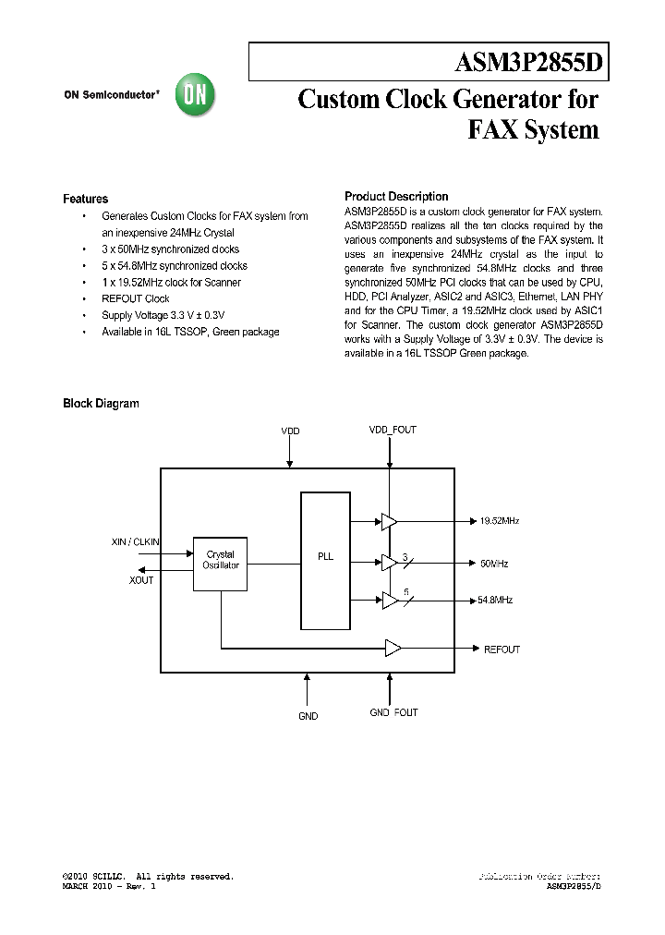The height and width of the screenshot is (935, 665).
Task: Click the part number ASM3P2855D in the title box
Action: (x=529, y=64)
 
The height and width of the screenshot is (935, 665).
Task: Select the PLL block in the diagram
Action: (x=325, y=557)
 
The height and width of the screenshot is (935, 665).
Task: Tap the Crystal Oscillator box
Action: (x=221, y=560)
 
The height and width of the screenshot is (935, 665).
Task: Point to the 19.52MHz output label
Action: (x=500, y=521)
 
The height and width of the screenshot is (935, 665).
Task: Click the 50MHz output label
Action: (x=494, y=563)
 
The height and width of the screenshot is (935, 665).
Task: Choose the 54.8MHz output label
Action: (x=495, y=600)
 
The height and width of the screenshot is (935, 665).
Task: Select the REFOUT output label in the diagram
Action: (x=502, y=650)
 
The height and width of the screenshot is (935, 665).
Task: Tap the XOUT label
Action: (x=141, y=579)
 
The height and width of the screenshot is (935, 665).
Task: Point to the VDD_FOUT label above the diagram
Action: (x=393, y=431)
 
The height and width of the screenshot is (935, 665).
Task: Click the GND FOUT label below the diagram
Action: (x=393, y=712)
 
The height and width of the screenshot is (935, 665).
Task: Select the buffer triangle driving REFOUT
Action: (x=393, y=649)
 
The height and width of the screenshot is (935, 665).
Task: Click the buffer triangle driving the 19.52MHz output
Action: (x=389, y=522)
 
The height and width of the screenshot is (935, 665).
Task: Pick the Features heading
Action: (x=85, y=199)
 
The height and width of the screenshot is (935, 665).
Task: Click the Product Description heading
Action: (x=396, y=197)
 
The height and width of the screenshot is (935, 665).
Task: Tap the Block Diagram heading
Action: (x=101, y=403)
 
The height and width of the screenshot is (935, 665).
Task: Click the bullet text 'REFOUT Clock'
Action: (x=136, y=298)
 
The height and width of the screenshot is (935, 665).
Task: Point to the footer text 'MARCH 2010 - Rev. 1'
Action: (x=109, y=886)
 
